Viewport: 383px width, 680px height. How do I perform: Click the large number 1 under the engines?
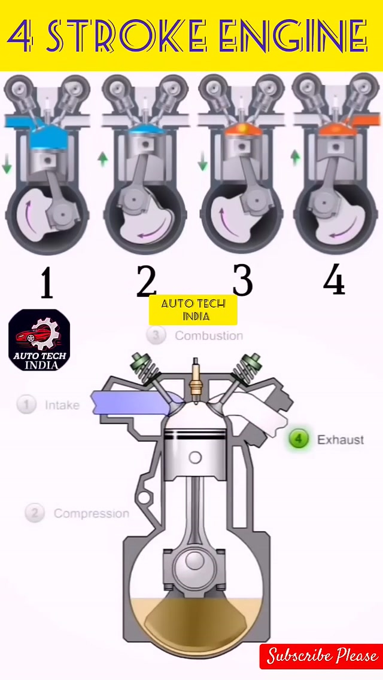click(47, 282)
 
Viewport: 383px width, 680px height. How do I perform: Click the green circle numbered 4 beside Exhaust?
click(299, 439)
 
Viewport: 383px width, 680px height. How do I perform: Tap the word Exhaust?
click(341, 440)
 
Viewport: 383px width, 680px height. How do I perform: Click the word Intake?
click(62, 405)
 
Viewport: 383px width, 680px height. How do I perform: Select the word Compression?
click(92, 513)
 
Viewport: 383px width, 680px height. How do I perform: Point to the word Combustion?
click(209, 336)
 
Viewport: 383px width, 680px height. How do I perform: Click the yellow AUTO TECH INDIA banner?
click(193, 310)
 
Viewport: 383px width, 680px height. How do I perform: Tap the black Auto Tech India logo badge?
click(39, 340)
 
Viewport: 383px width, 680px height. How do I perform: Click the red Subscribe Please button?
click(321, 656)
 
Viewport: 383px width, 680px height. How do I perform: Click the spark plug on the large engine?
click(196, 380)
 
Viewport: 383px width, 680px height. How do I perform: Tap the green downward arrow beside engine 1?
click(7, 166)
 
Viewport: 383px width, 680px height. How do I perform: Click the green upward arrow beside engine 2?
click(103, 159)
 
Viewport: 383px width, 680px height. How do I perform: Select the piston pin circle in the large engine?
click(196, 457)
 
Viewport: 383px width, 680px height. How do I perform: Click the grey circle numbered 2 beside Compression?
click(35, 513)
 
